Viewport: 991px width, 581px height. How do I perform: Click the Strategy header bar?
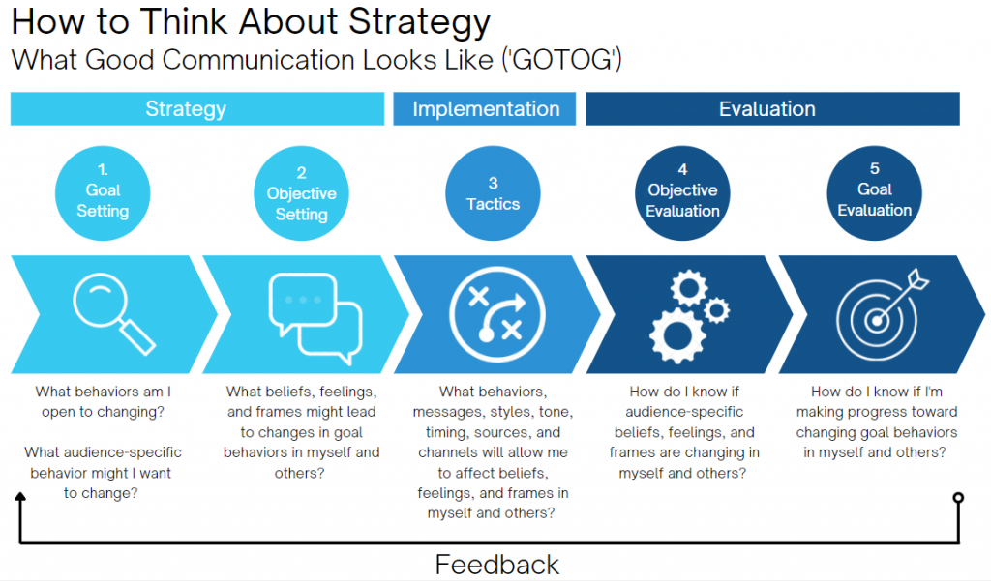pyautogui.click(x=197, y=108)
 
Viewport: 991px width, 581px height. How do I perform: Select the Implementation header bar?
pyautogui.click(x=485, y=108)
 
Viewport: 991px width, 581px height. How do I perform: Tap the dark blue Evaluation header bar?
pyautogui.click(x=772, y=108)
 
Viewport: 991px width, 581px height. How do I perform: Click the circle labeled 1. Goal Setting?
pyautogui.click(x=103, y=193)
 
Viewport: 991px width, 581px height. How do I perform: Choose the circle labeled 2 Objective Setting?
pyautogui.click(x=302, y=193)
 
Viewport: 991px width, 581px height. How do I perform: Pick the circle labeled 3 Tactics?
pyautogui.click(x=493, y=193)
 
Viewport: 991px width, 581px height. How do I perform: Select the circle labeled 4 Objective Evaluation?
pyautogui.click(x=682, y=193)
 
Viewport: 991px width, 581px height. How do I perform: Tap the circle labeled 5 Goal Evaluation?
pyautogui.click(x=875, y=193)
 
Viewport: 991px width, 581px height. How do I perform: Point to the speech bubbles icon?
pyautogui.click(x=315, y=318)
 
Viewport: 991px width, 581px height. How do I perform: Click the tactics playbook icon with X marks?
pyautogui.click(x=496, y=314)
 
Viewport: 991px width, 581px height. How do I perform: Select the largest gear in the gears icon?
pyautogui.click(x=677, y=335)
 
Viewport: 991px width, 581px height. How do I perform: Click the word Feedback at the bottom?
pyautogui.click(x=496, y=565)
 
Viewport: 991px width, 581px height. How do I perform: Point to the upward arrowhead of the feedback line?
pyautogui.click(x=20, y=496)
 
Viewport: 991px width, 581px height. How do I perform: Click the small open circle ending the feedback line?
pyautogui.click(x=958, y=498)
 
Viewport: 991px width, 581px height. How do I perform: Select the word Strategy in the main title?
pyautogui.click(x=419, y=23)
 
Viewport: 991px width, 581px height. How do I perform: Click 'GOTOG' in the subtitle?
pyautogui.click(x=562, y=60)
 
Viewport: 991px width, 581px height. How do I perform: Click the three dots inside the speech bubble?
pyautogui.click(x=303, y=300)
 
